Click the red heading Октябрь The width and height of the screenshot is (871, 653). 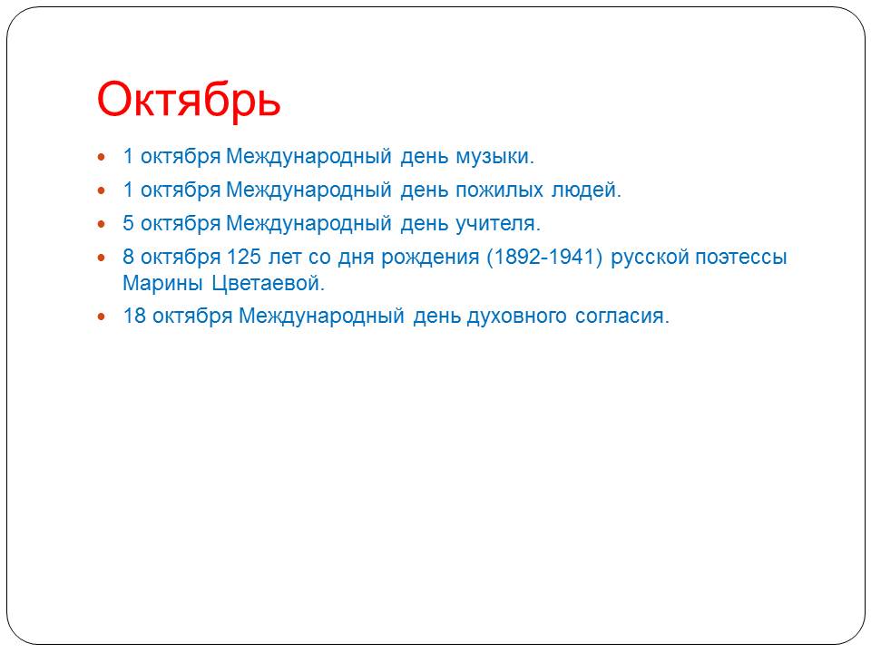point(189,100)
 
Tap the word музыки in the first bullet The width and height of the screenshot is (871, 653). point(494,157)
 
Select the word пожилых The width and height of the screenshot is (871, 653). point(499,190)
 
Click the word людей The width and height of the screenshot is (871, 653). point(586,190)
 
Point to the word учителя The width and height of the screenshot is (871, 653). point(498,224)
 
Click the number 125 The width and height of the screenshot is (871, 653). point(244,257)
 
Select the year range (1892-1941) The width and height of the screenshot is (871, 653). point(544,257)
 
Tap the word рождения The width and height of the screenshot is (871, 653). point(430,258)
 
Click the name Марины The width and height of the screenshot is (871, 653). point(162,284)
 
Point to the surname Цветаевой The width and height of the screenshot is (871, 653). point(268,284)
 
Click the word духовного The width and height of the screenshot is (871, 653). point(516,317)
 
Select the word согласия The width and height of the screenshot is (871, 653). point(622,317)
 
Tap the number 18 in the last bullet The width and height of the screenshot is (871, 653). point(134,316)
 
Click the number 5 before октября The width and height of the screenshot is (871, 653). point(128,224)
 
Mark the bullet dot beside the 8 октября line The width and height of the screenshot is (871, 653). point(101,258)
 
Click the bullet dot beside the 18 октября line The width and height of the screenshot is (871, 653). point(101,317)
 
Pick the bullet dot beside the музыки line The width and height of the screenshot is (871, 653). point(101,157)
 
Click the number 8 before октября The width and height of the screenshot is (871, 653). point(128,257)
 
